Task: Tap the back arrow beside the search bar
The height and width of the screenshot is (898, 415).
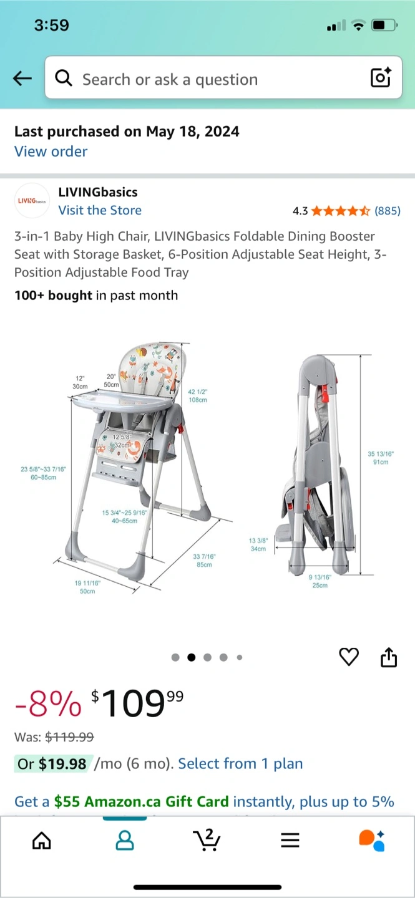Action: [x=22, y=78]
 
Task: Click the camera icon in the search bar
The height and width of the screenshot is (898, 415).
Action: [x=381, y=77]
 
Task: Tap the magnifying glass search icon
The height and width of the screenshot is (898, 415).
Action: [x=64, y=78]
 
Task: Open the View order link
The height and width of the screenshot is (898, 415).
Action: [x=51, y=152]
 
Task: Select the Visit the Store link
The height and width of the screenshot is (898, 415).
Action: [x=100, y=210]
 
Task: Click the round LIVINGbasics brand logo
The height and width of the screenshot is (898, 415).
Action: [x=32, y=200]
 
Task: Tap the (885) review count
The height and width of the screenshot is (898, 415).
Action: [x=388, y=211]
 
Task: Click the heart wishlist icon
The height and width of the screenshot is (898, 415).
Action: [x=349, y=657]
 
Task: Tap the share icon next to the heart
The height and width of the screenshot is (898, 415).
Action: [x=389, y=657]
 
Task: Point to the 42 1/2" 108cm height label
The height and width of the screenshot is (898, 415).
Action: [x=198, y=395]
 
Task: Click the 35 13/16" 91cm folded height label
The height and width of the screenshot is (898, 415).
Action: [x=381, y=458]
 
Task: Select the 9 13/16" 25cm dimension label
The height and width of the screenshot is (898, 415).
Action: [x=320, y=581]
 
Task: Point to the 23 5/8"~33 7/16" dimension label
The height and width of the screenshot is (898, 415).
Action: [x=43, y=469]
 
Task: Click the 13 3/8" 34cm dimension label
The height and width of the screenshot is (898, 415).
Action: [x=258, y=545]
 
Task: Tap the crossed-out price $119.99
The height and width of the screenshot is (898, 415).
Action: [x=69, y=737]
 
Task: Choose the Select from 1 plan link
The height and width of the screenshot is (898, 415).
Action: [x=240, y=764]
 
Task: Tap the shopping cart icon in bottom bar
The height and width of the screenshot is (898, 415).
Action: [x=207, y=840]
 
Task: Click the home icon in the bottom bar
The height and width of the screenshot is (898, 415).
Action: [x=42, y=840]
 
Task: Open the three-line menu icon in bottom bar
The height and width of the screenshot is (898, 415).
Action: [x=290, y=840]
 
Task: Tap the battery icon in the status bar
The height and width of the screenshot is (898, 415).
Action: [x=384, y=25]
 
